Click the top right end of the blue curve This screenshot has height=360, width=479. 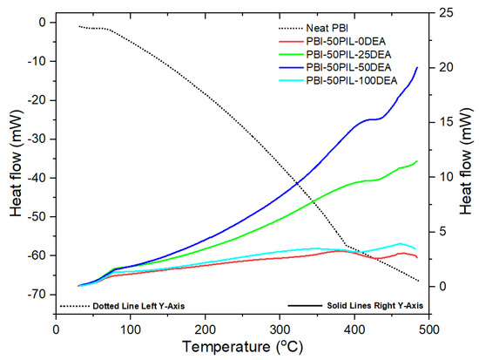418,67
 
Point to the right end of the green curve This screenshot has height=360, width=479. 418,160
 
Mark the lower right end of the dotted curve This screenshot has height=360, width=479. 419,281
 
